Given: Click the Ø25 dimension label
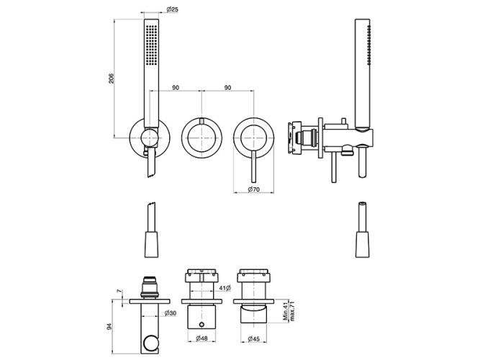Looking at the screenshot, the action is (x=172, y=9).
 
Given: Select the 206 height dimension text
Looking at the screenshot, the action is (x=112, y=78).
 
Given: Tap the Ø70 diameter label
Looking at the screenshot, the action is (x=253, y=189).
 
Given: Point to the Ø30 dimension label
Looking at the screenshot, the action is (x=171, y=313).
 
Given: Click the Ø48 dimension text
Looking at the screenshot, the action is (x=201, y=338).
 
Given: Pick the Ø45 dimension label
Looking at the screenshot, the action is (x=254, y=338).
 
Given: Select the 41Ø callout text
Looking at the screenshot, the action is (x=225, y=288).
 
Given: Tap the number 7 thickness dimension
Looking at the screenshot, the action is (x=119, y=291).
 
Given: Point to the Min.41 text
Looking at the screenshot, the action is (x=286, y=310).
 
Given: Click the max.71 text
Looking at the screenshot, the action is (x=292, y=310).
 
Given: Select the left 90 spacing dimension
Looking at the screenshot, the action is (x=175, y=88).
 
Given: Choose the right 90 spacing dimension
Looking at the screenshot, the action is (x=227, y=88).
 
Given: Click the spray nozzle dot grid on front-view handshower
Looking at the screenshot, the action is (x=151, y=45).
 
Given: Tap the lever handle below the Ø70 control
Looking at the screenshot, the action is (x=254, y=166).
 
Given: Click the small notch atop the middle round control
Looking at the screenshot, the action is (x=201, y=120).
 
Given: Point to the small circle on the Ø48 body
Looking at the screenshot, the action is (x=201, y=325).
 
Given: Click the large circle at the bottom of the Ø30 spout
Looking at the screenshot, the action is (x=150, y=343).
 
